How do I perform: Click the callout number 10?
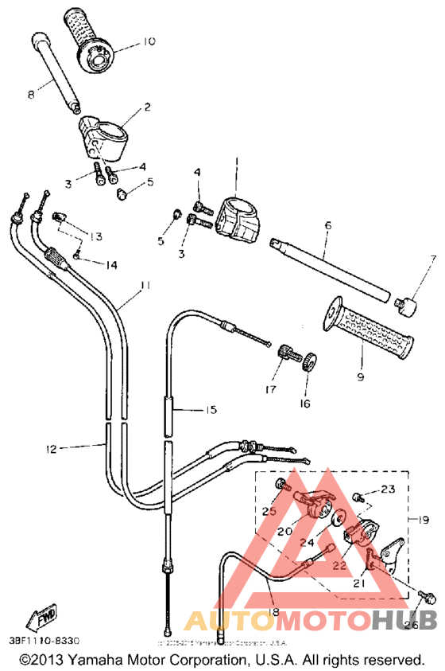[149, 41]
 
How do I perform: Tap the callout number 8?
[30, 95]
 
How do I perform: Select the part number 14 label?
[110, 264]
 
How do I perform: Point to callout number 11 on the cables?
[144, 284]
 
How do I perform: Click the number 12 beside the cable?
[51, 450]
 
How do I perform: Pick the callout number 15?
[211, 410]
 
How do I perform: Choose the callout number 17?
[270, 389]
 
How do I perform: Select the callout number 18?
[273, 611]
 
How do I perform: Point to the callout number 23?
[387, 489]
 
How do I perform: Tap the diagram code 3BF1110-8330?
[45, 639]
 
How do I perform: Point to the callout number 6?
[327, 225]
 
